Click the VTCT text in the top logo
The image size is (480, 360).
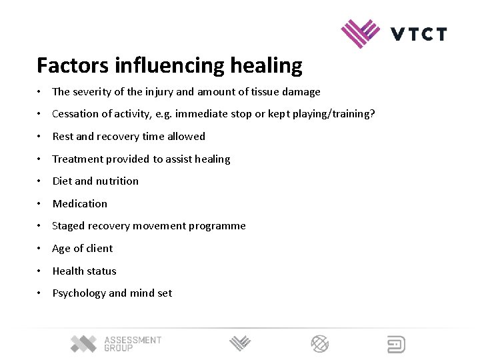(419, 34)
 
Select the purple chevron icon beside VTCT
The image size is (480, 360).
(361, 33)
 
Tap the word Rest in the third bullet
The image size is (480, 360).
(63, 137)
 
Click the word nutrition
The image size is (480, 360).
(117, 181)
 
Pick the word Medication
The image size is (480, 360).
(79, 204)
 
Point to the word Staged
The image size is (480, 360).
(69, 226)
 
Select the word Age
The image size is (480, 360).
(61, 249)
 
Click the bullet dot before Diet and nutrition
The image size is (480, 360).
(41, 181)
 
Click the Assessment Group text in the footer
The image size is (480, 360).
(133, 344)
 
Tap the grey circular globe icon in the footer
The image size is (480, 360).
(320, 344)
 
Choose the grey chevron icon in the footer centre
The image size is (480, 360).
(240, 344)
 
